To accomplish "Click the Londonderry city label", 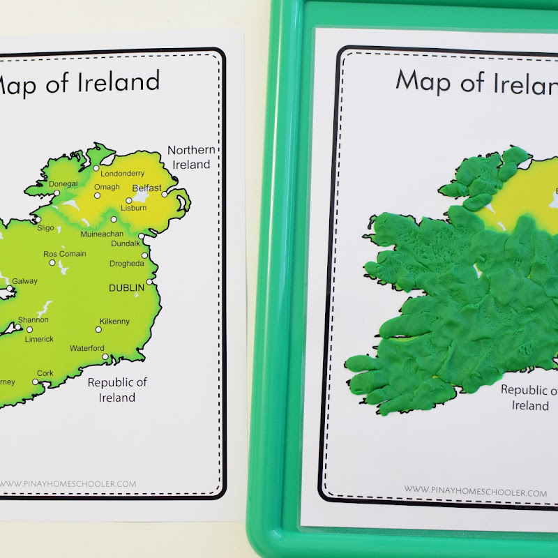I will click(122, 174).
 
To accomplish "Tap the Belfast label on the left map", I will click(146, 188).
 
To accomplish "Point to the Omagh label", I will click(107, 187).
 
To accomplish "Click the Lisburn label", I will click(134, 208).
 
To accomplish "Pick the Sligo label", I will click(45, 227).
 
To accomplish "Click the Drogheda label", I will click(126, 264).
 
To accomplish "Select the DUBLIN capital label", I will click(126, 287).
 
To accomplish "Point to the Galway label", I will click(25, 281).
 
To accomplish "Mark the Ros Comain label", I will click(65, 254).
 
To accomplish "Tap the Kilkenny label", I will click(114, 322).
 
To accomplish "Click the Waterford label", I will click(87, 348).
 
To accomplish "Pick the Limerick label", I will click(39, 339).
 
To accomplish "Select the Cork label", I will click(45, 373).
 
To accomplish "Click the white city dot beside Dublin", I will click(150, 282).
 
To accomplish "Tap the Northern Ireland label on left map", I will click(190, 157).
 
